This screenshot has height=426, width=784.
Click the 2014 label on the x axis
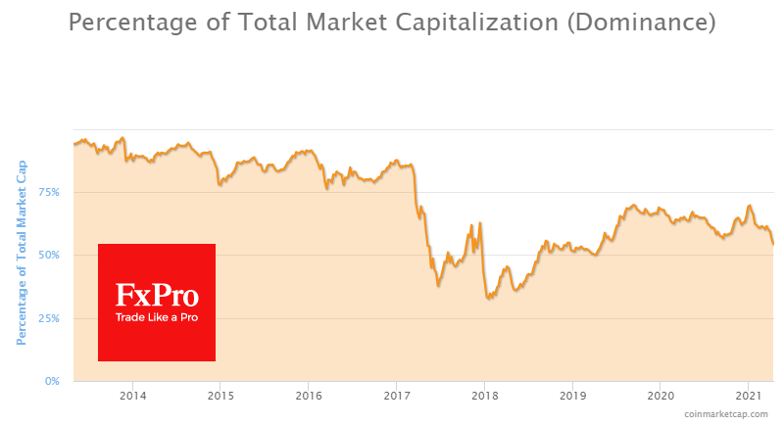pyautogui.click(x=132, y=396)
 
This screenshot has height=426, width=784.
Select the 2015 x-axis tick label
pyautogui.click(x=220, y=396)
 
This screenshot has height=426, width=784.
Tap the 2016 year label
pyautogui.click(x=308, y=396)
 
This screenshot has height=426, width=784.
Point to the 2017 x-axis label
pyautogui.click(x=396, y=396)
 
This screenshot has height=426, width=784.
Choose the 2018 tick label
pyautogui.click(x=484, y=396)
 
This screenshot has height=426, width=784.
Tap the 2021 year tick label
pyautogui.click(x=748, y=396)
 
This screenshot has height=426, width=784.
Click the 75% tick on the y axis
pyautogui.click(x=49, y=192)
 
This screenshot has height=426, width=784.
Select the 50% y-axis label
pyautogui.click(x=49, y=255)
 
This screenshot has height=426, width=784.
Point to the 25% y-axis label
pyautogui.click(x=49, y=318)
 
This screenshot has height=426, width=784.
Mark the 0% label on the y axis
pyautogui.click(x=52, y=381)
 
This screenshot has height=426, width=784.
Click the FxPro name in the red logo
pyautogui.click(x=157, y=296)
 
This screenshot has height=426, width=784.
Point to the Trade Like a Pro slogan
pyautogui.click(x=157, y=318)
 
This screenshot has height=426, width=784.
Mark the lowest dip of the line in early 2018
pyautogui.click(x=488, y=297)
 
